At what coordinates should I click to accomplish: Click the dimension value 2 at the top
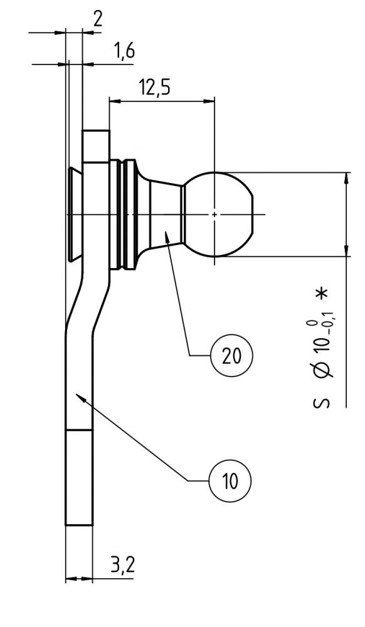98,18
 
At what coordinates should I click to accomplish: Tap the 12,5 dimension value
155,88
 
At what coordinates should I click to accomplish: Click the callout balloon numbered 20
230,355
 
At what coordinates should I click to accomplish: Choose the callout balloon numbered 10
230,481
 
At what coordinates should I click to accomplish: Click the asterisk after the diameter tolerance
322,293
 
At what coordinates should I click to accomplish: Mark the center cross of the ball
214,214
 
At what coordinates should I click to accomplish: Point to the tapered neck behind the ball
167,214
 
